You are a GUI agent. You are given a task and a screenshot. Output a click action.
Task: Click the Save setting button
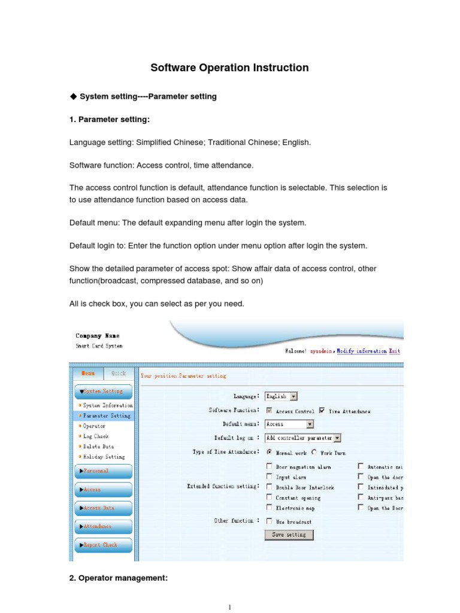[289, 535]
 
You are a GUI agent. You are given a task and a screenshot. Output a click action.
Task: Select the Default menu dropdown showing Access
[290, 424]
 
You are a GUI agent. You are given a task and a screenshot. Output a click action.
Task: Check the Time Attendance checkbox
[323, 411]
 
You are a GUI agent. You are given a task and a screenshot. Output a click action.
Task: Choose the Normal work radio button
[270, 453]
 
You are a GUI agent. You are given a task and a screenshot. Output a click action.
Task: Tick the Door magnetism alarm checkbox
[270, 466]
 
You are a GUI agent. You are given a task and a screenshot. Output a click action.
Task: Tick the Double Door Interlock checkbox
[270, 487]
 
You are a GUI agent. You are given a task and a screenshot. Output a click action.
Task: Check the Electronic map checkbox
[270, 508]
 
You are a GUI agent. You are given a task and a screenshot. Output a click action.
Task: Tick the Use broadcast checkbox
[270, 521]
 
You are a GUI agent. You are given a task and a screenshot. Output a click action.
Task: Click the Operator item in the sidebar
[94, 426]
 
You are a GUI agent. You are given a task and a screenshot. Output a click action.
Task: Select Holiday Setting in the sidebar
[104, 457]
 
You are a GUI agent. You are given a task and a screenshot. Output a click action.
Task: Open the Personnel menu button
[103, 471]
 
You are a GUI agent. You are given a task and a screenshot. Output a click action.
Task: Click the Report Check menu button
[103, 545]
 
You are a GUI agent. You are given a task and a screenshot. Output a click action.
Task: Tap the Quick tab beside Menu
[119, 373]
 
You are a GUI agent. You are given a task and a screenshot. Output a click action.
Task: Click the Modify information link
[361, 351]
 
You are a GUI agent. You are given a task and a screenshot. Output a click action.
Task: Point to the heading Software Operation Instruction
[229, 68]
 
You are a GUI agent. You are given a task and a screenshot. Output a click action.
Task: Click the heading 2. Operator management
[119, 578]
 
